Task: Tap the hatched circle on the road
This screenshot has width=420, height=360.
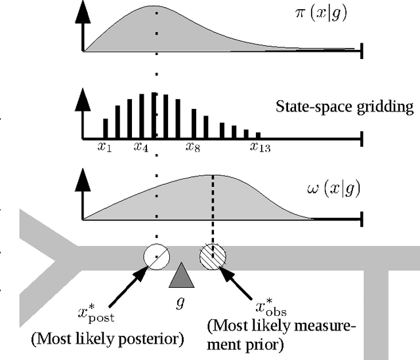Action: (x=212, y=255)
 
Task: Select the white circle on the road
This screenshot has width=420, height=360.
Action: (x=156, y=256)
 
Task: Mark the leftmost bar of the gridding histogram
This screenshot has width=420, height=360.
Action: (x=105, y=129)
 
